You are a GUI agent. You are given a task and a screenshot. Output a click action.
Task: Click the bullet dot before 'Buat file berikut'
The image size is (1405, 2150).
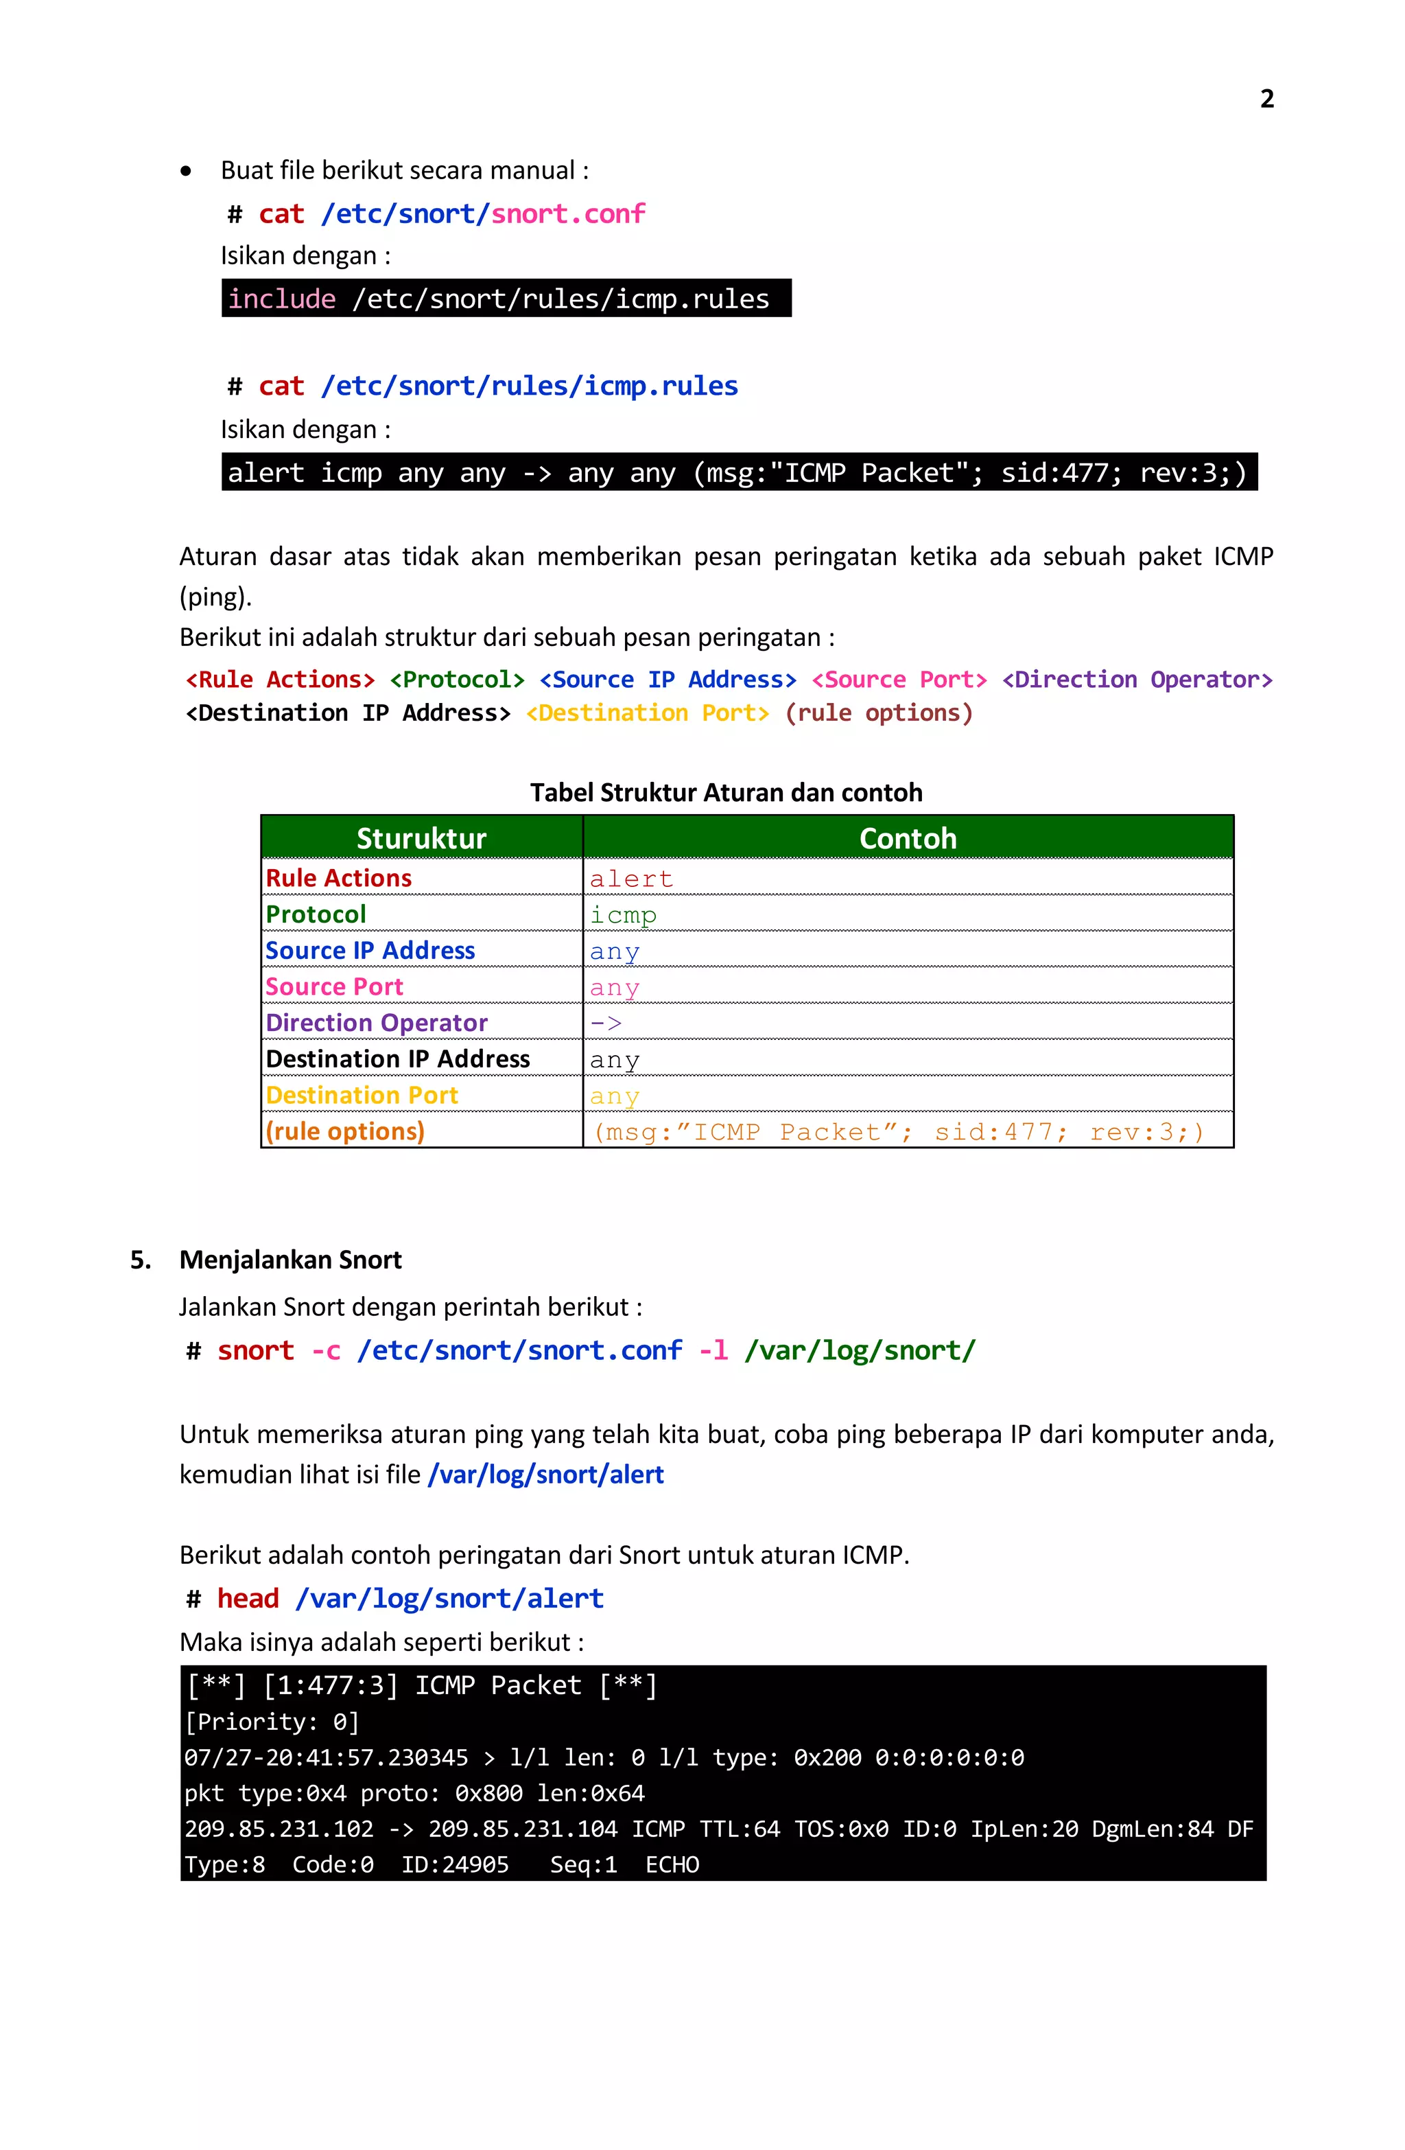(186, 171)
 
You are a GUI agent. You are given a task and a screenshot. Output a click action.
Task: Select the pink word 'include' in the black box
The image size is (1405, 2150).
(282, 299)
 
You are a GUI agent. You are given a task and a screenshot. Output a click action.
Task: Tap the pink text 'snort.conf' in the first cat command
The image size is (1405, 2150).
(568, 214)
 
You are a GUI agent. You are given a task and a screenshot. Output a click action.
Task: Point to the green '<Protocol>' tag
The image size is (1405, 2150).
(457, 680)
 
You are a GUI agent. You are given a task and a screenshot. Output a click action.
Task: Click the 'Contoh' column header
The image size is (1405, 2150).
(908, 838)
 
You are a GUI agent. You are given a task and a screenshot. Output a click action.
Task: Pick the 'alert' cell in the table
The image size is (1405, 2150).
(631, 879)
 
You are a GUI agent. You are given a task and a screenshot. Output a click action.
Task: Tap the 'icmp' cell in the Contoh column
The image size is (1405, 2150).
(623, 915)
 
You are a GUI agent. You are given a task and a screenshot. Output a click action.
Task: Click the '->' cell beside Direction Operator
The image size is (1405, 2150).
(606, 1024)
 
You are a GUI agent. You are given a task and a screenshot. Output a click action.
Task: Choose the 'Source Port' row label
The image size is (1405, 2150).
(334, 987)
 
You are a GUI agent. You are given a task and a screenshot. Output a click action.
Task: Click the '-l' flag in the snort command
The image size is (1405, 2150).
(713, 1350)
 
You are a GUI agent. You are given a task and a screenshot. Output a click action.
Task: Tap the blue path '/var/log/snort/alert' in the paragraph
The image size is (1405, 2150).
(546, 1475)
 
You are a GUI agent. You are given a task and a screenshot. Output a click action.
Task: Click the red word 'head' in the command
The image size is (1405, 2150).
(248, 1599)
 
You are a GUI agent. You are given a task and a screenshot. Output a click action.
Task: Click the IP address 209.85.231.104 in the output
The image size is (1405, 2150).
(523, 1829)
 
